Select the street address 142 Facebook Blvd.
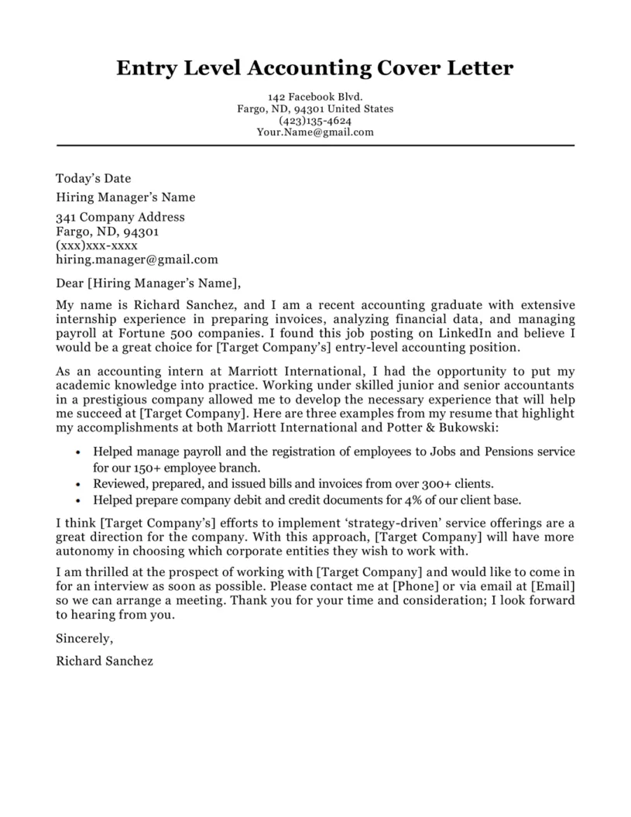click(x=314, y=98)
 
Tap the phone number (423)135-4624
click(x=314, y=121)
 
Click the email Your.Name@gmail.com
click(x=314, y=132)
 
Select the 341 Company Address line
click(x=121, y=217)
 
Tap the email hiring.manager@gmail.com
click(x=137, y=259)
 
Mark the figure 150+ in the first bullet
click(x=142, y=469)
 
